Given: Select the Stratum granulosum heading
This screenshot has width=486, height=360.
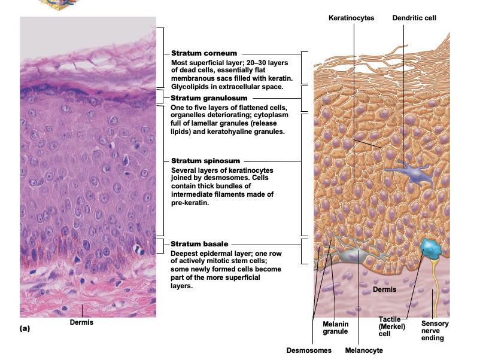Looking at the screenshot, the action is pos(209,97).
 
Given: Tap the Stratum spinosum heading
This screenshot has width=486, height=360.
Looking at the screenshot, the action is pos(205,161).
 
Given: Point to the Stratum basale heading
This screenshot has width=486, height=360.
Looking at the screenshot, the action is pos(201,244).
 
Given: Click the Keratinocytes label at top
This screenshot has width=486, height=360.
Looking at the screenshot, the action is pos(351,19).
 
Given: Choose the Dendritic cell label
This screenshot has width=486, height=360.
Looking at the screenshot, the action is pos(414,19).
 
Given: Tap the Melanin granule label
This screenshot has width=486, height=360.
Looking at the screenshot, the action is pos(332,327).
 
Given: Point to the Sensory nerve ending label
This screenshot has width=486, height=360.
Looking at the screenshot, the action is pos(435,331).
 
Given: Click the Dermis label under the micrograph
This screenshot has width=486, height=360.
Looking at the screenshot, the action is pos(81,323).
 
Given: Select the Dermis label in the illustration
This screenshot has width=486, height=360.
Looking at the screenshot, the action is pos(384,290).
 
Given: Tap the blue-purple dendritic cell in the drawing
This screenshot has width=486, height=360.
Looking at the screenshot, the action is pos(406,172).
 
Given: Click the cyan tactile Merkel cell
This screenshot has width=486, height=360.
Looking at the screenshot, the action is pos(429,249).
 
